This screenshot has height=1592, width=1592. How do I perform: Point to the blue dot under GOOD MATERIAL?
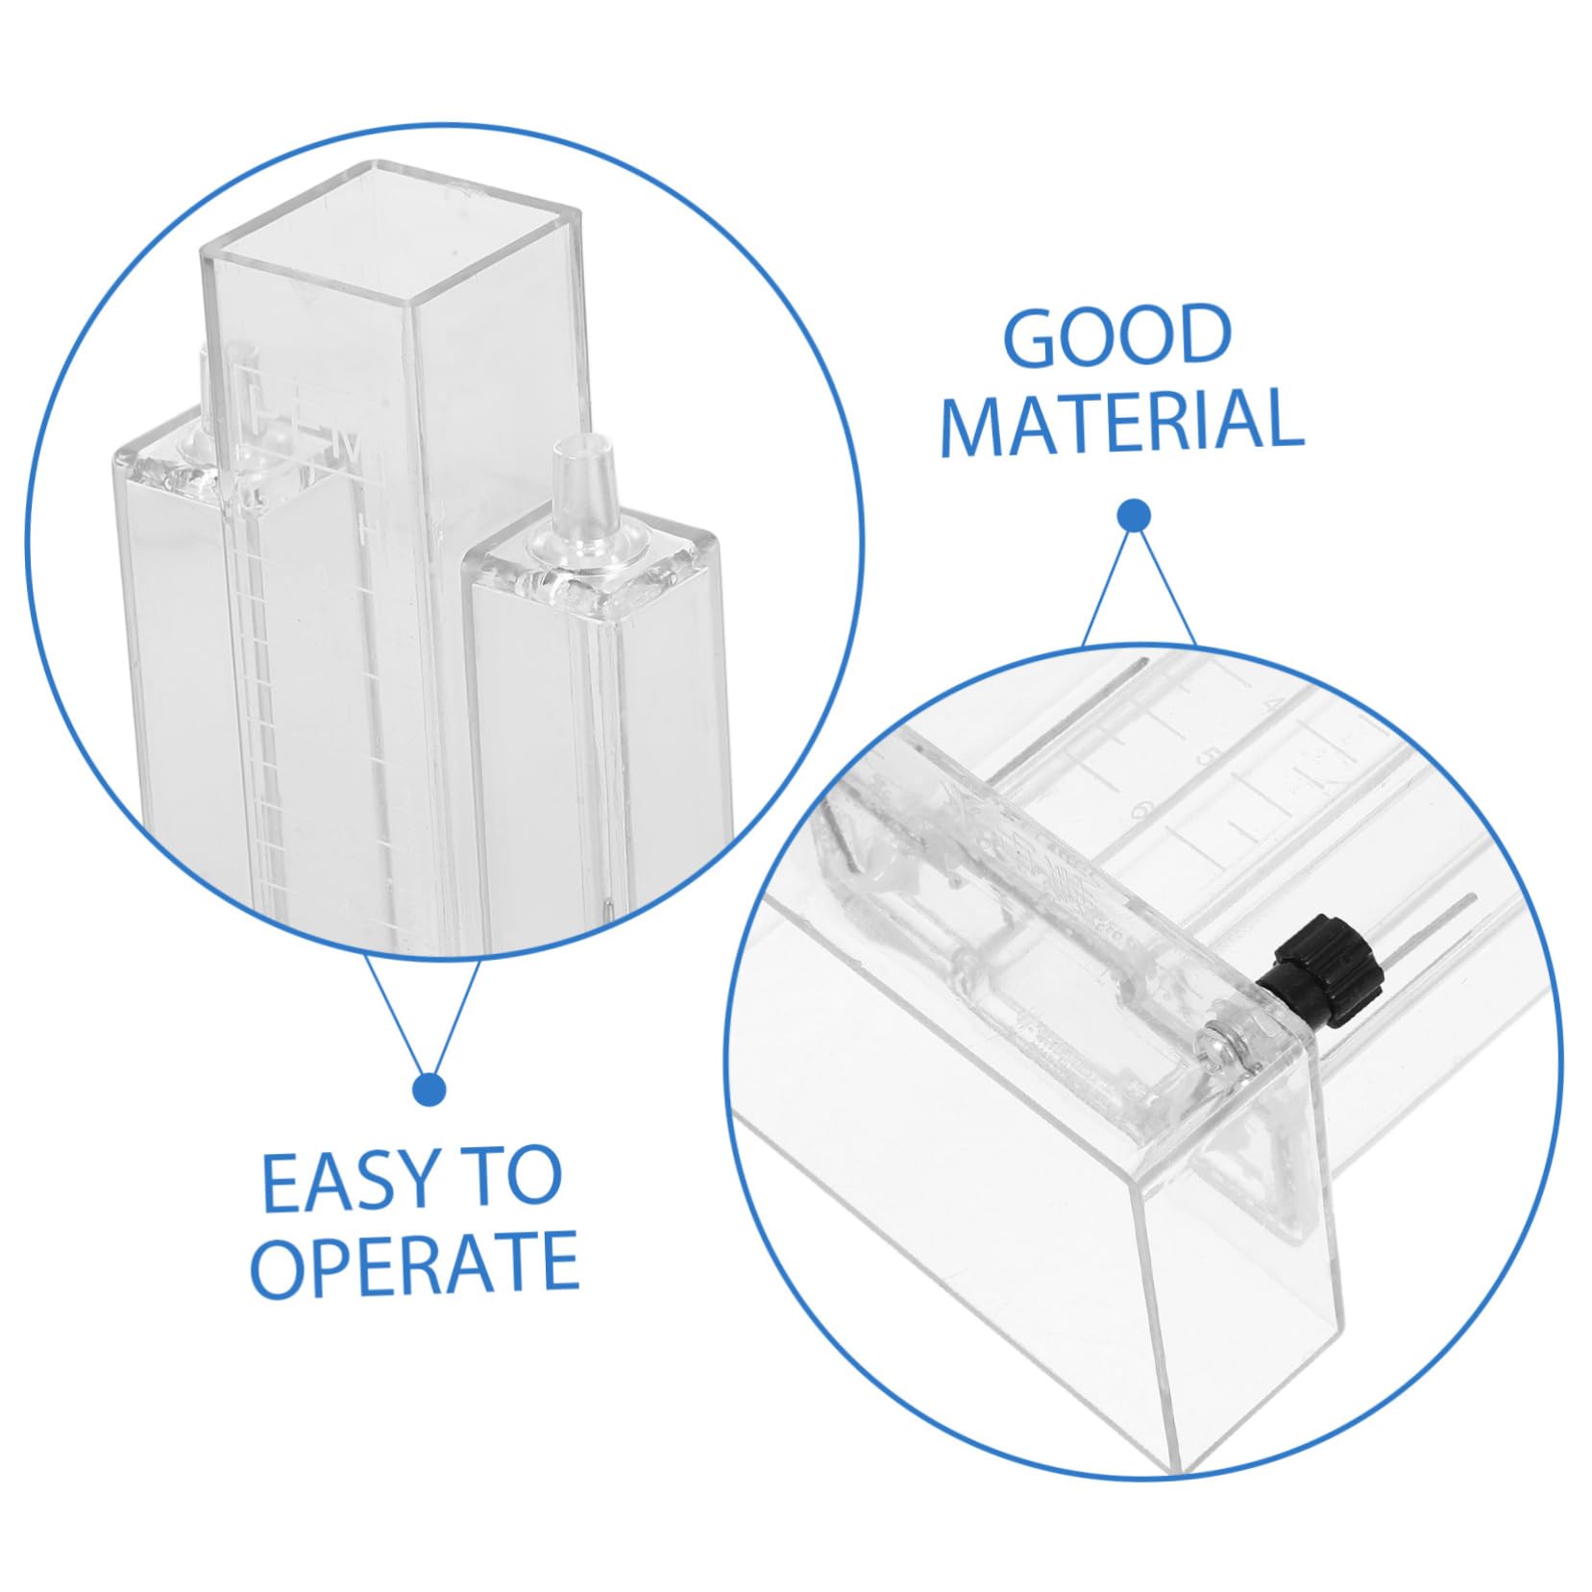click(x=1135, y=516)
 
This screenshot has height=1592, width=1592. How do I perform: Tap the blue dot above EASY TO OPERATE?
click(x=428, y=1090)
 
